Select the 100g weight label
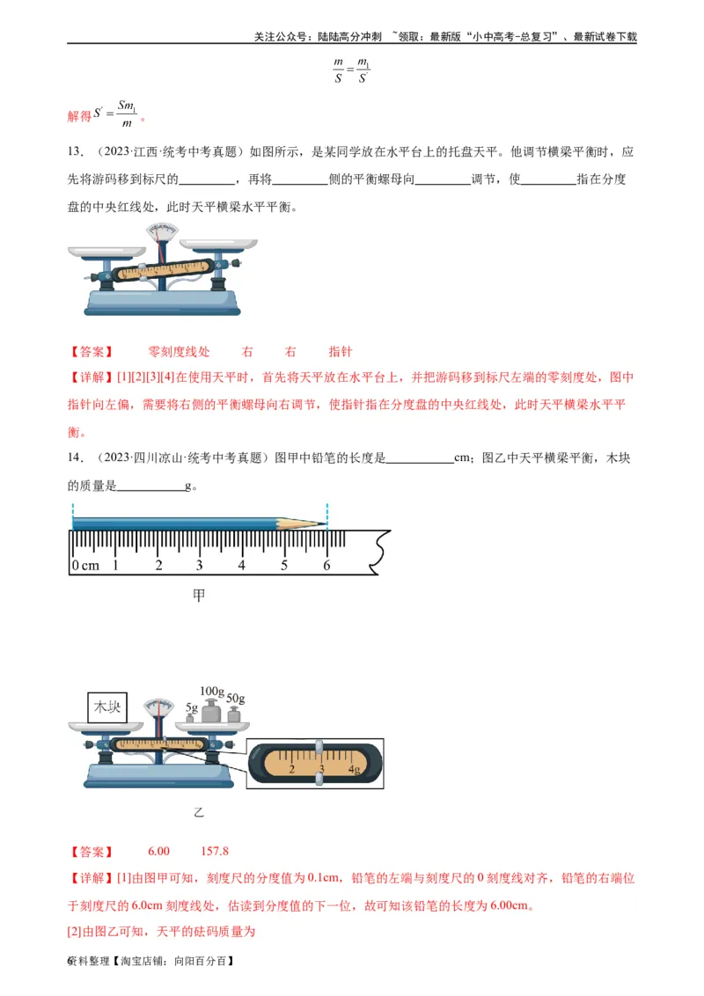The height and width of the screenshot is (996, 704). (x=212, y=691)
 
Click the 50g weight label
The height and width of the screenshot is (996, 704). (x=235, y=699)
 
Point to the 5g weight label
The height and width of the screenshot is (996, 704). (x=191, y=707)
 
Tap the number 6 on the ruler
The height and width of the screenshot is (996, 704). (x=326, y=565)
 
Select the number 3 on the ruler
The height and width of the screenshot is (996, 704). (x=200, y=565)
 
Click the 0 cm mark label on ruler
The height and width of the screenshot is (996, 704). (x=85, y=565)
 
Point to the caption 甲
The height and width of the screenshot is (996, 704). (x=199, y=596)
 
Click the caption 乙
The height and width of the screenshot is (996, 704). (x=199, y=812)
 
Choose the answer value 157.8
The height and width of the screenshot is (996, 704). (x=215, y=852)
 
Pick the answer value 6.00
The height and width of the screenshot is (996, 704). (x=158, y=852)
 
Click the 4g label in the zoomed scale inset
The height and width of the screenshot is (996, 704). (x=354, y=770)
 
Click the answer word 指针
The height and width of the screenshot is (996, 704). (x=340, y=352)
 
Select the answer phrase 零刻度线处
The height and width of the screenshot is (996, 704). (x=179, y=352)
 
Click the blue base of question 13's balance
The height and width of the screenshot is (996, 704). (x=161, y=304)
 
